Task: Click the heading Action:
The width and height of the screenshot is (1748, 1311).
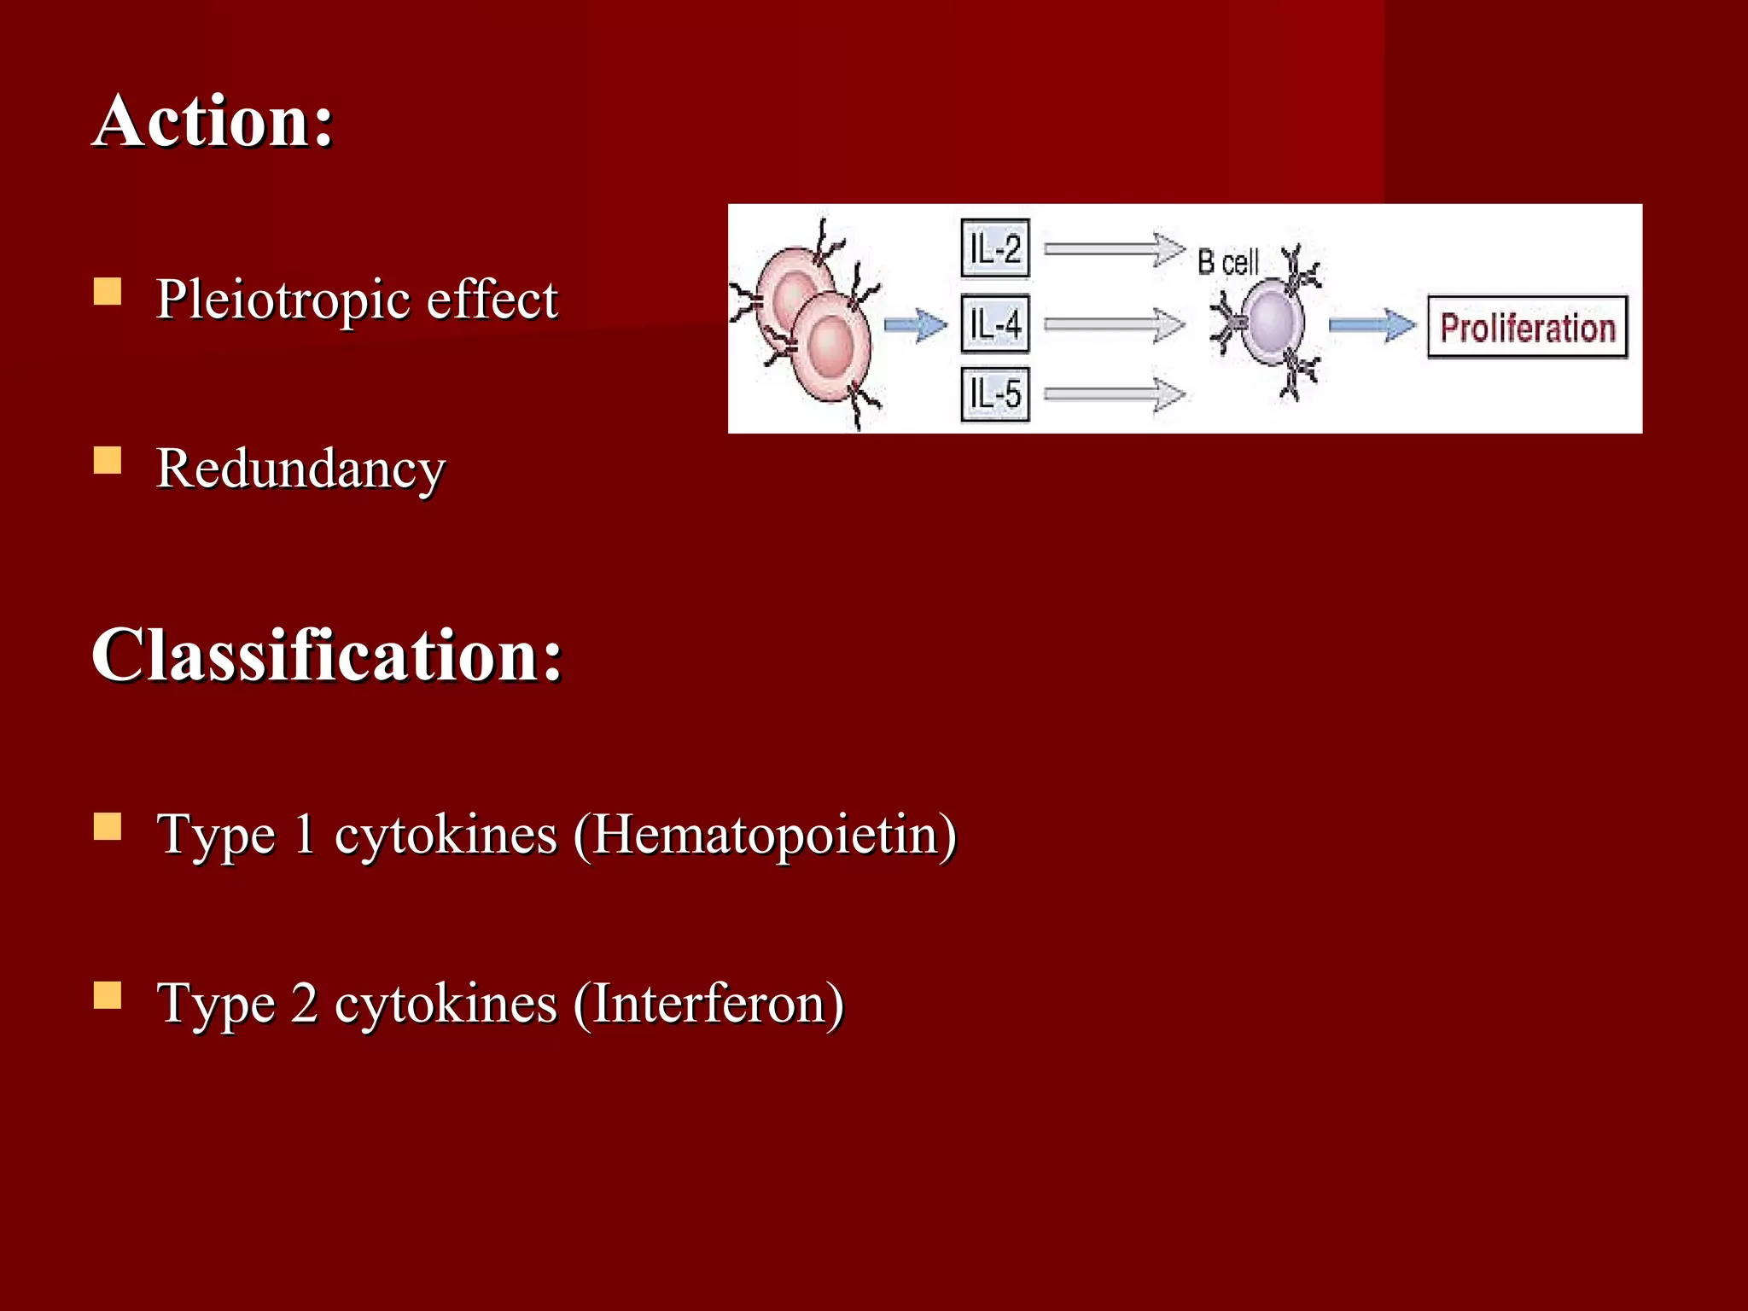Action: point(213,122)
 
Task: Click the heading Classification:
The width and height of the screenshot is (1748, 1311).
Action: point(327,655)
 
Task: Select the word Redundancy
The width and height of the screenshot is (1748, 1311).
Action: point(300,469)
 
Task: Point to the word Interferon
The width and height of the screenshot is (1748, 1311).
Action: point(708,1004)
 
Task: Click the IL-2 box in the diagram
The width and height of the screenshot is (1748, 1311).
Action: point(995,249)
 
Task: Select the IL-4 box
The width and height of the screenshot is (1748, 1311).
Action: point(995,323)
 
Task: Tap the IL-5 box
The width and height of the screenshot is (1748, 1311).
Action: point(995,394)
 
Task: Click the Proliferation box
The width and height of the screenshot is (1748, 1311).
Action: point(1527,327)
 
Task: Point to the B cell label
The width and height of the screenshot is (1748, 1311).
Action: point(1227,262)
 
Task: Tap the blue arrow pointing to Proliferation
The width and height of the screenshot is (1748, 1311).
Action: point(1371,325)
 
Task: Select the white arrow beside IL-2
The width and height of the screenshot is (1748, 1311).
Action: point(1114,249)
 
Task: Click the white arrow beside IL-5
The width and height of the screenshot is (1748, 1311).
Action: point(1114,394)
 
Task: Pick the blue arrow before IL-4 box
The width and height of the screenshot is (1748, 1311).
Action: point(915,325)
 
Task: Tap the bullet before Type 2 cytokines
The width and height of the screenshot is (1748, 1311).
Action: point(108,995)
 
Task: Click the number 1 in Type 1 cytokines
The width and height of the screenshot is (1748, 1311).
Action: point(304,835)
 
